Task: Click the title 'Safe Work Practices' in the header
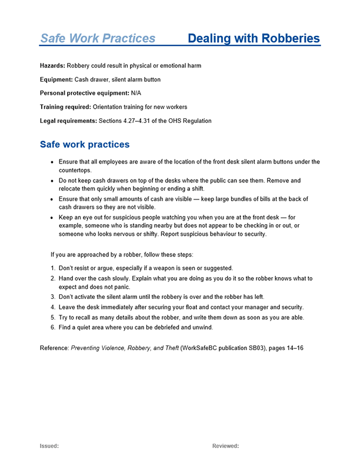[98, 39]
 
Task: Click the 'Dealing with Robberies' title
[254, 39]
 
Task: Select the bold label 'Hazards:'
[52, 66]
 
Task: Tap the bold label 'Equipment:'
[56, 79]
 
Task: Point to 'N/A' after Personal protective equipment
[136, 93]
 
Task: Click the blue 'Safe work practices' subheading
[85, 144]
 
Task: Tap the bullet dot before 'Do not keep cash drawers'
[54, 181]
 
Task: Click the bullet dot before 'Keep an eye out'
[54, 218]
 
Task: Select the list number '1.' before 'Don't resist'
[53, 268]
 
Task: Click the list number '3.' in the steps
[53, 298]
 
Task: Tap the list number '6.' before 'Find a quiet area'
[53, 327]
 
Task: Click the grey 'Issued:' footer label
[49, 446]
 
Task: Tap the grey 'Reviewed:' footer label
[225, 446]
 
